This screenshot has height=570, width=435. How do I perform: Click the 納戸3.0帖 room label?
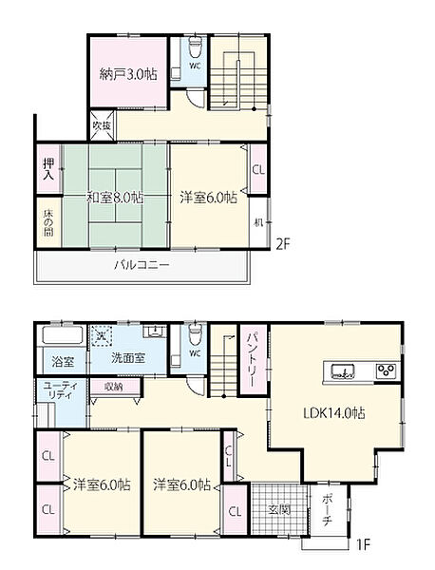coord(128,74)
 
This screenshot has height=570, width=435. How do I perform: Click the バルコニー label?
coord(142,265)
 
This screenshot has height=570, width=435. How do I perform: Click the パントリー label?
coord(254,359)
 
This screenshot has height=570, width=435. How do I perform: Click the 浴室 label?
coord(62,362)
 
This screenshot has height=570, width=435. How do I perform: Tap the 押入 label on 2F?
coord(47,171)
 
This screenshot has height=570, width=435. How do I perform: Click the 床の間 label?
coord(47,223)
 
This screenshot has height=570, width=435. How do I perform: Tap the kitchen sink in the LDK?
coord(342,370)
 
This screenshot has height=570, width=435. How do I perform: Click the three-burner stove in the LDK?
coord(387,370)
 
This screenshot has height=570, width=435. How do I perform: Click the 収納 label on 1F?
coord(113,387)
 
